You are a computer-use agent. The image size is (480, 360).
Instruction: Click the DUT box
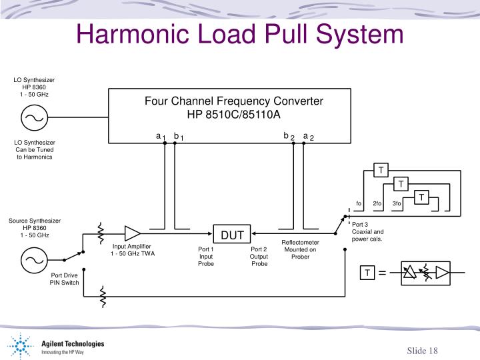[x=233, y=235]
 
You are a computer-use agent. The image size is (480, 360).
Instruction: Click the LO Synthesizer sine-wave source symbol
[x=33, y=119]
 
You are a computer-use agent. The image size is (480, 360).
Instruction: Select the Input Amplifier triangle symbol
[x=132, y=233]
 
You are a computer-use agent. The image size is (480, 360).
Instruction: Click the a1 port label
[x=161, y=136]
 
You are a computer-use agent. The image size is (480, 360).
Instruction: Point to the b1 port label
[x=178, y=136]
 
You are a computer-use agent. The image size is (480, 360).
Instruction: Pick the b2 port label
[x=288, y=136]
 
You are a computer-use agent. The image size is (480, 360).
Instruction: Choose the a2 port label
[x=308, y=136]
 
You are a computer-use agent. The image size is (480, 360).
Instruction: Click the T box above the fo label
[x=381, y=170]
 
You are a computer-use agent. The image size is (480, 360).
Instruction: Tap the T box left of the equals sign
[x=367, y=273]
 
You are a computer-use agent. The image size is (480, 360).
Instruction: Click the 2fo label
[x=377, y=203]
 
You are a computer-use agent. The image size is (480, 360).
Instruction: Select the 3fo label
[x=397, y=203]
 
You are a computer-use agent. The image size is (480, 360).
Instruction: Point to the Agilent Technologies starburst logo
[x=21, y=347]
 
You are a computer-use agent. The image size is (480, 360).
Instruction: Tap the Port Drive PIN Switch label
[x=65, y=279]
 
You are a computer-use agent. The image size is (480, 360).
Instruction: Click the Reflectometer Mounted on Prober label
[x=300, y=249]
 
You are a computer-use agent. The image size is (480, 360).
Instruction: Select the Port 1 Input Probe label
[x=206, y=257]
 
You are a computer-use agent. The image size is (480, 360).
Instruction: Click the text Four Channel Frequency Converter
[x=234, y=101]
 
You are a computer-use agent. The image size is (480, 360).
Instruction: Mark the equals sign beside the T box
[x=383, y=273]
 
